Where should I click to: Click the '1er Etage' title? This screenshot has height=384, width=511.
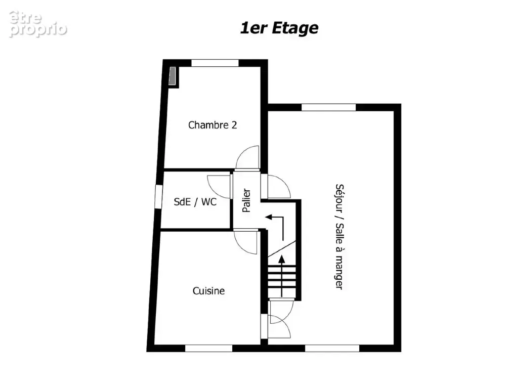(x=279, y=28)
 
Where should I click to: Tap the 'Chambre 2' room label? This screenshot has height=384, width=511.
(x=212, y=125)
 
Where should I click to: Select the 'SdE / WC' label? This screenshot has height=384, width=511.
(x=195, y=202)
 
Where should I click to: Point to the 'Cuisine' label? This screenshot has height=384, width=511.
(x=208, y=291)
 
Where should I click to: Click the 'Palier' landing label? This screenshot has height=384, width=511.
(x=247, y=200)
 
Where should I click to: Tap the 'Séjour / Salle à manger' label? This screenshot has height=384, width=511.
(x=339, y=237)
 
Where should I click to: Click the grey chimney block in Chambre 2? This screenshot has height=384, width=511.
(x=173, y=75)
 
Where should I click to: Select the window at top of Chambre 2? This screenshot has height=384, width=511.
(x=215, y=63)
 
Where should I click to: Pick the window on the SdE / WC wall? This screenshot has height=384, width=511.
(x=158, y=196)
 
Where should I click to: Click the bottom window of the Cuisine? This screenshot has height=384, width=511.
(x=208, y=348)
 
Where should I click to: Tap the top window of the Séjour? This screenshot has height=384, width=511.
(x=328, y=107)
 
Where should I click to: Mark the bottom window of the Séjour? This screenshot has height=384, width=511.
(x=332, y=348)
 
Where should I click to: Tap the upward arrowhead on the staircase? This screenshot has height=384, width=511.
(x=282, y=259)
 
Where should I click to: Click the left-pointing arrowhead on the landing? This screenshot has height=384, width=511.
(x=269, y=217)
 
